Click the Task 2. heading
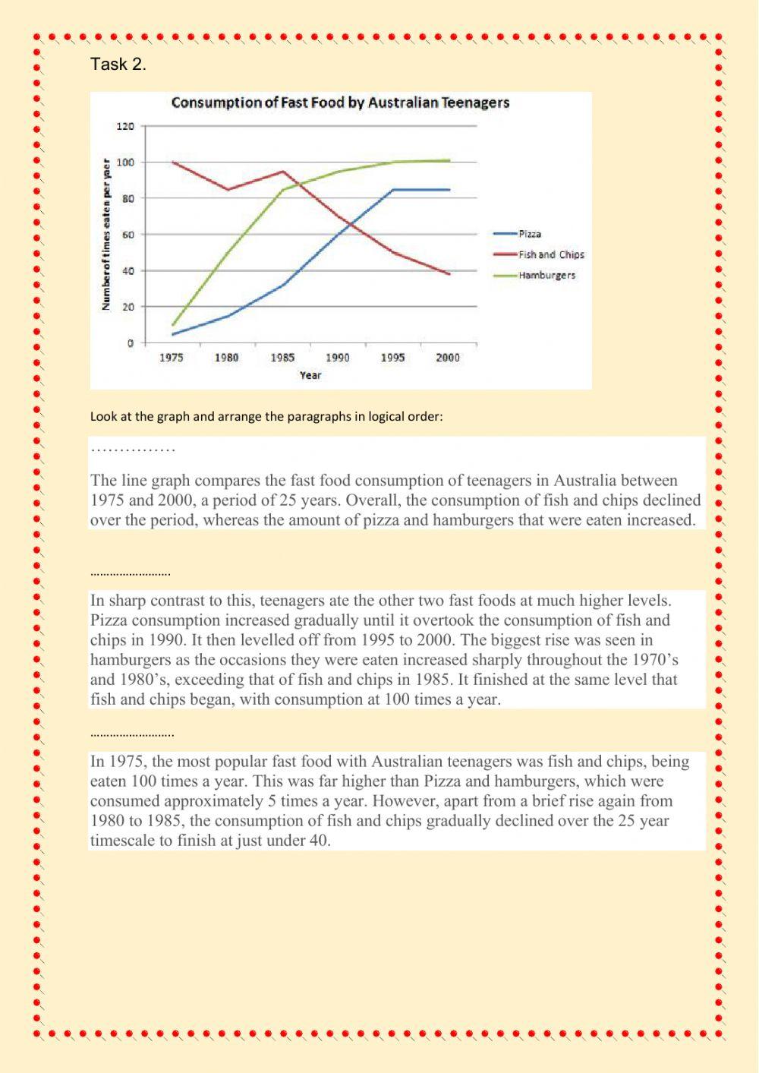point(118,65)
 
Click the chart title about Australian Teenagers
point(340,103)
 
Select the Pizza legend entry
point(530,234)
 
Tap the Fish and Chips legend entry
point(551,254)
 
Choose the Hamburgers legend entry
point(546,275)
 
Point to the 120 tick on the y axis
point(124,126)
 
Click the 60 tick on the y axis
point(128,235)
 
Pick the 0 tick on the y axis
point(131,343)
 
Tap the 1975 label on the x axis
point(172,358)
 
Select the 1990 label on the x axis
point(338,358)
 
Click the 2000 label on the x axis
point(448,358)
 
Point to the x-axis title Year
point(310,375)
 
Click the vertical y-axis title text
point(106,234)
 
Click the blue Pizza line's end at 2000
point(449,190)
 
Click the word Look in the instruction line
point(103,416)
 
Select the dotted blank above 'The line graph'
point(133,450)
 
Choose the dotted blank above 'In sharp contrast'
point(130,574)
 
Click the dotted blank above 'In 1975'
point(131,735)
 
